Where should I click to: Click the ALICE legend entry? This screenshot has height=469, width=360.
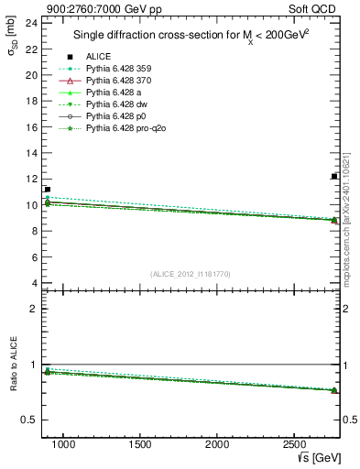click(99, 57)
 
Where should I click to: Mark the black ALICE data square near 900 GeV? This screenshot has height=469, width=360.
click(47, 190)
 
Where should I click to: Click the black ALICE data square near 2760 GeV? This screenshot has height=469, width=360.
click(334, 177)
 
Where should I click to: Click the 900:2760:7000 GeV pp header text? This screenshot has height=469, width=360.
click(89, 7)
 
